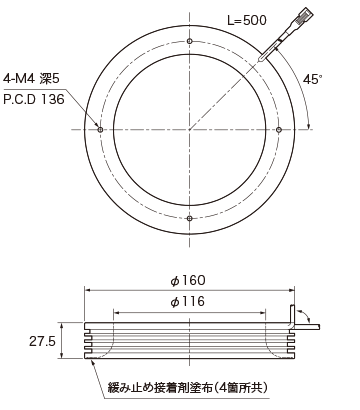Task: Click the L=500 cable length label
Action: click(x=247, y=20)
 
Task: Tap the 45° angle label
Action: click(x=313, y=79)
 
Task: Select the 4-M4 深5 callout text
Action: click(x=31, y=79)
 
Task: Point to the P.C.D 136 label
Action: click(x=34, y=99)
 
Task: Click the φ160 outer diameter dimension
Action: click(x=188, y=280)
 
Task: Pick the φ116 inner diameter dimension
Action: click(x=188, y=302)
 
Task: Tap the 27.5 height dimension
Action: click(x=42, y=341)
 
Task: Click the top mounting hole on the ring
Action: click(x=190, y=41)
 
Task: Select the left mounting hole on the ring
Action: click(x=100, y=129)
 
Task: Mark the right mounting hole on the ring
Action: click(x=279, y=129)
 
